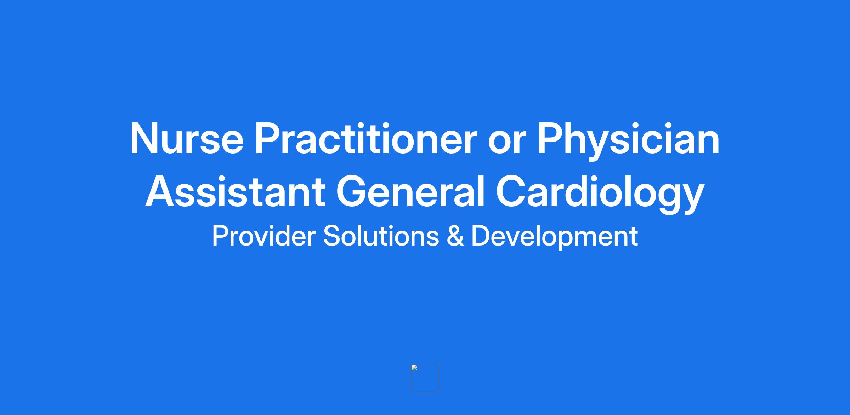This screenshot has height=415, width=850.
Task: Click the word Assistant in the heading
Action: tap(235, 191)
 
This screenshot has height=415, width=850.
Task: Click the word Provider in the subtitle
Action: tap(263, 236)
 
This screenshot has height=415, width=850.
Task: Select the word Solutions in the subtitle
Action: tap(381, 236)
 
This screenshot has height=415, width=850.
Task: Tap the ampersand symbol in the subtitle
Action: tap(455, 236)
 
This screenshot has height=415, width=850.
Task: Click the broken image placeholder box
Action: tap(425, 378)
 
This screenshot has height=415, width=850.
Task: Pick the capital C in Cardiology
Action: tap(511, 191)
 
